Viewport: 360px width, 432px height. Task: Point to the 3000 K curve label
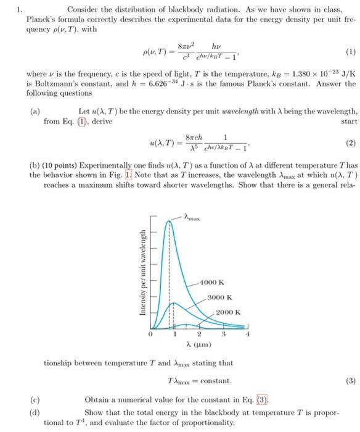[219, 297]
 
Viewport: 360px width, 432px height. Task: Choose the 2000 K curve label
[228, 312]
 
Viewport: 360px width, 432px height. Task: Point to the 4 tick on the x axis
[249, 334]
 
